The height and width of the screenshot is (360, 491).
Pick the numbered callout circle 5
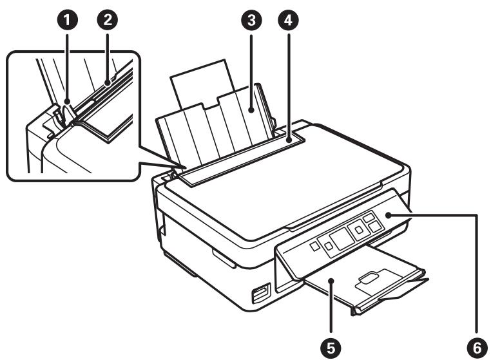(331, 347)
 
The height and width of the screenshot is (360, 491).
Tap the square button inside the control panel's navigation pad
(358, 229)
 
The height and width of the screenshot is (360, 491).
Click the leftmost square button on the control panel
(313, 245)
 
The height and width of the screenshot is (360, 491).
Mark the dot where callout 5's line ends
(331, 281)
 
